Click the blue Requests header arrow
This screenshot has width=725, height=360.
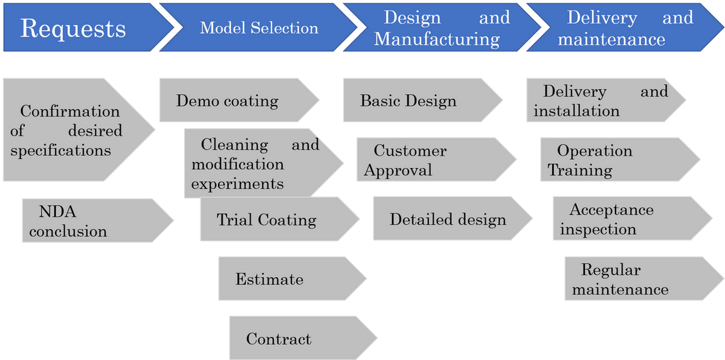(x=79, y=28)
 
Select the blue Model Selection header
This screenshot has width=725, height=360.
(x=259, y=28)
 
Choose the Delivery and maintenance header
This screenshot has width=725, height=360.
(x=622, y=28)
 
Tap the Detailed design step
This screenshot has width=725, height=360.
(x=447, y=219)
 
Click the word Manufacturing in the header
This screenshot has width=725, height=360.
(x=437, y=39)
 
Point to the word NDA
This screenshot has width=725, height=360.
(x=58, y=211)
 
